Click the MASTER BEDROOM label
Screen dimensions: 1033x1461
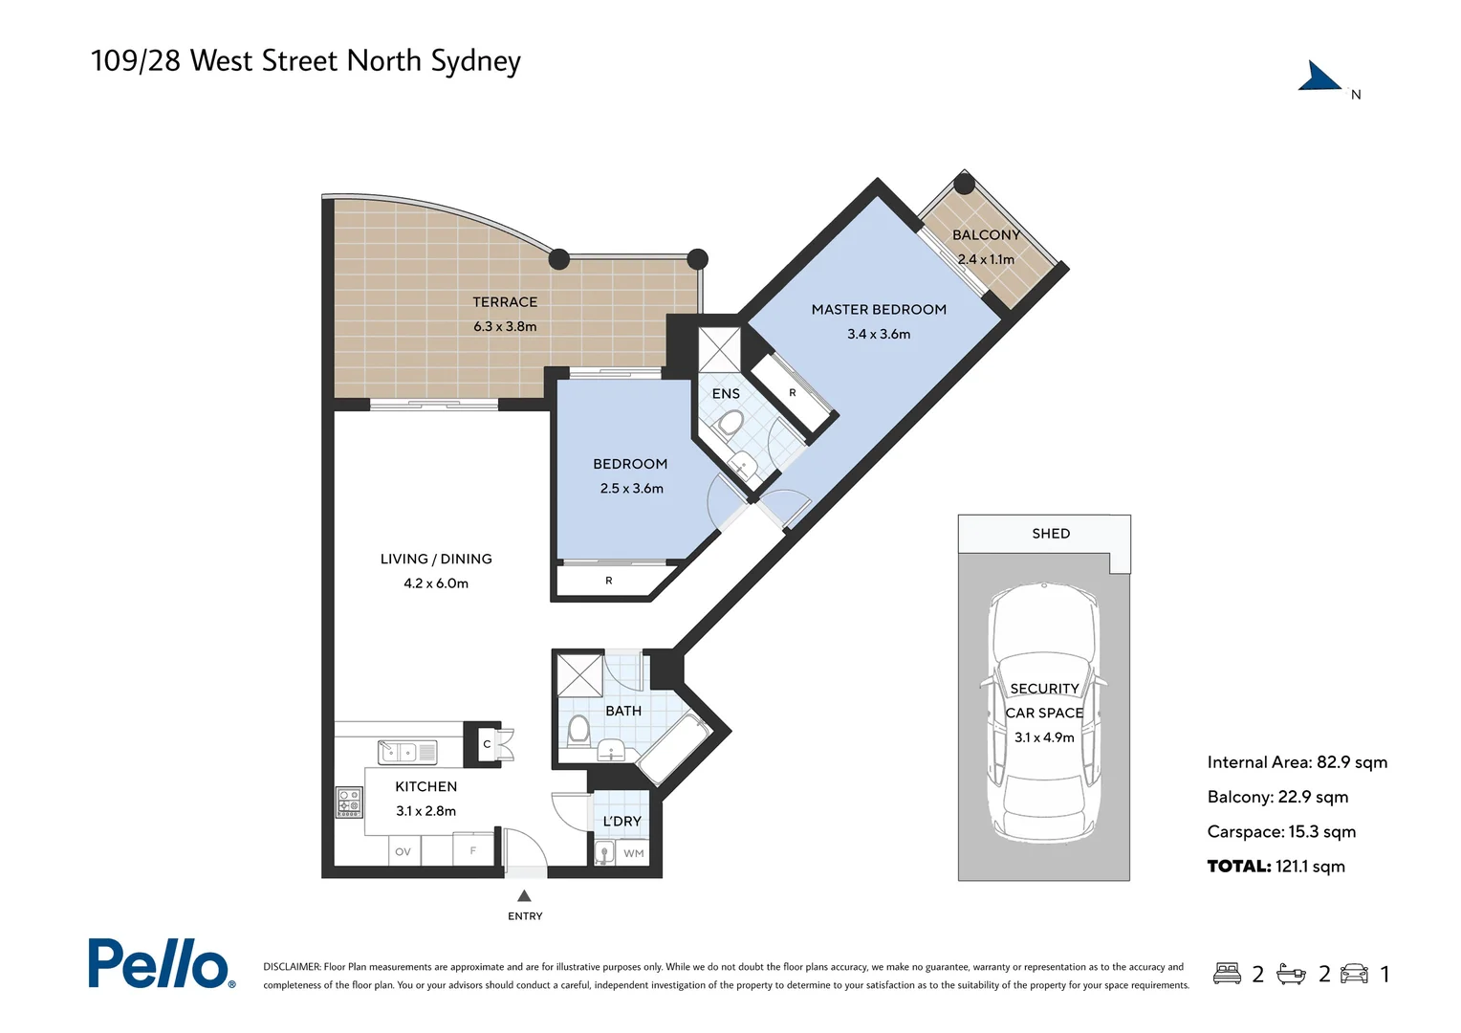point(878,310)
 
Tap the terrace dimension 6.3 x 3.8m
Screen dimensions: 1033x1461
point(505,327)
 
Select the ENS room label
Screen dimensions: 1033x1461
point(726,394)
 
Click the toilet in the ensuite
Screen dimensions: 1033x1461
point(731,424)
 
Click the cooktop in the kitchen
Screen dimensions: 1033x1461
point(349,802)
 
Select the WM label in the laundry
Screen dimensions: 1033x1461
point(633,853)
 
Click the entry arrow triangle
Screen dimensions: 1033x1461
point(524,896)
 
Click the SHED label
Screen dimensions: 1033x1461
point(1051,534)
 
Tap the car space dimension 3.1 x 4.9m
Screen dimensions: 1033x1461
point(1044,737)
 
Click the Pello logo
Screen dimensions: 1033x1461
point(161,963)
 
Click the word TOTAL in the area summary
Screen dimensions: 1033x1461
point(1238,867)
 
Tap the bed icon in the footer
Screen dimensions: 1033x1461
point(1227,974)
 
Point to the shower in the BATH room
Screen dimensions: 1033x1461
point(579,675)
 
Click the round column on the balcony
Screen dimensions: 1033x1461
point(965,184)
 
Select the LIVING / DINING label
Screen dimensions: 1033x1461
point(436,560)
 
